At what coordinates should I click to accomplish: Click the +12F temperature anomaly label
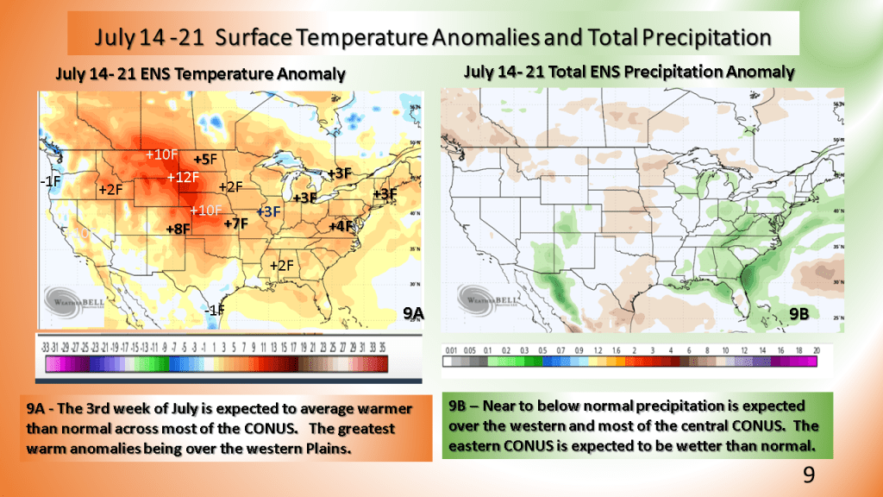pos(183,178)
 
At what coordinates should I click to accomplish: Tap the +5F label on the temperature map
pos(205,160)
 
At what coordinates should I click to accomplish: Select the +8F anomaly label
pos(178,229)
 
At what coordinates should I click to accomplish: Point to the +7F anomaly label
pos(235,224)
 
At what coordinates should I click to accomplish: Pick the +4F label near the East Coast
pos(341,225)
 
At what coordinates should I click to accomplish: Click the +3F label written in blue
pos(269,211)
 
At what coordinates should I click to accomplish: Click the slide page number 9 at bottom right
pos(808,475)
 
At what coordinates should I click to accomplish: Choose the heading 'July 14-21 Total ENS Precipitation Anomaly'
pos(629,72)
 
